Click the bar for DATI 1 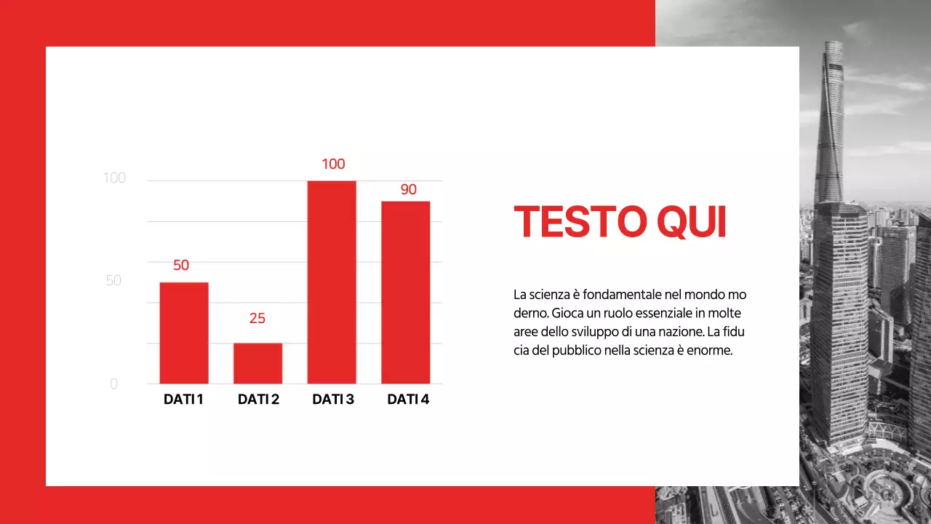tap(184, 333)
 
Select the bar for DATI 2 tap(257, 363)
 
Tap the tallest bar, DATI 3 tap(332, 282)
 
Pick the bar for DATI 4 tap(406, 293)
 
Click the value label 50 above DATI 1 tap(181, 266)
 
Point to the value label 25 tap(257, 318)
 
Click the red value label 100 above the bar tap(333, 164)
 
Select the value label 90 tap(409, 190)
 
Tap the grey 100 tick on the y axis tap(114, 178)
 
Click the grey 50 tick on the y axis tap(113, 281)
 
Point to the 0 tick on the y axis tap(113, 384)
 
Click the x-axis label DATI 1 tap(183, 400)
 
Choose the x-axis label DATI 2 tap(258, 400)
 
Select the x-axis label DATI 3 tap(333, 400)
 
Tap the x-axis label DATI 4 tap(408, 400)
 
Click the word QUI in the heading tap(691, 222)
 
